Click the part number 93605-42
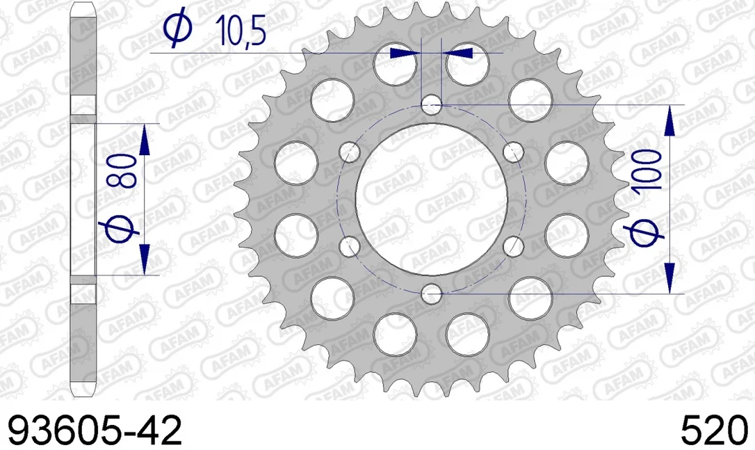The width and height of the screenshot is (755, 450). click(x=95, y=431)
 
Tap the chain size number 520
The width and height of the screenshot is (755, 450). click(x=713, y=431)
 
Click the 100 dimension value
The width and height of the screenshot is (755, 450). click(x=648, y=170)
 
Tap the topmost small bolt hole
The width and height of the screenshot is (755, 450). click(x=432, y=104)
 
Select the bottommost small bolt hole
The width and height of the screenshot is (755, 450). click(x=432, y=294)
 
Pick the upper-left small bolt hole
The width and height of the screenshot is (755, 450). click(x=350, y=152)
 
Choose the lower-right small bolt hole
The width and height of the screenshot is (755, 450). click(x=513, y=246)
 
